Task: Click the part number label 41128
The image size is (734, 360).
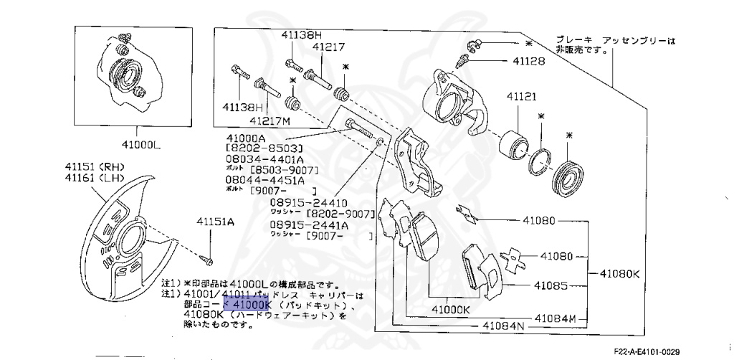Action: pos(528,62)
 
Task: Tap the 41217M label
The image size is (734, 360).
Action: pos(270,121)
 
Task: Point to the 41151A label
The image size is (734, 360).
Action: pos(216,222)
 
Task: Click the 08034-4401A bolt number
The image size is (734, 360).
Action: pos(266,159)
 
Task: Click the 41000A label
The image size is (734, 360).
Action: pos(245,137)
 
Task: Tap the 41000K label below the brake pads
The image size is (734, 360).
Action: pos(450,310)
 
